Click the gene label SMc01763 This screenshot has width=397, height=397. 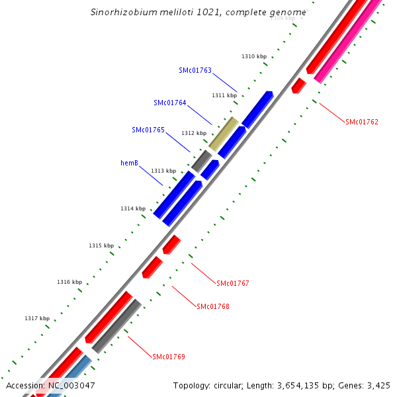(x=195, y=70)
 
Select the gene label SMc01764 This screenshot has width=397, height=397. (x=170, y=103)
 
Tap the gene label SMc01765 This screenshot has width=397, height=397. (x=148, y=130)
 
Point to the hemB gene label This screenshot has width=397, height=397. (x=129, y=163)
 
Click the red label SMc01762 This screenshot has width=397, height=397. (x=362, y=122)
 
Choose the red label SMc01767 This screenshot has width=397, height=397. (x=233, y=283)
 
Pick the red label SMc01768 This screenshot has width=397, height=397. (x=213, y=306)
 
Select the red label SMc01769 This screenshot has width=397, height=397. (x=169, y=357)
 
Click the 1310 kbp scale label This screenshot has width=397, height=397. (x=254, y=57)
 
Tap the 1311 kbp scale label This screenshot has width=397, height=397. (x=224, y=95)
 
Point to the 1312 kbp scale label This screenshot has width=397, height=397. (x=194, y=133)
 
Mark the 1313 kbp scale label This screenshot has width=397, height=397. (x=163, y=171)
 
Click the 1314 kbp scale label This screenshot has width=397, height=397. (x=133, y=208)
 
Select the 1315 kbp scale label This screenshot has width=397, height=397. (x=101, y=245)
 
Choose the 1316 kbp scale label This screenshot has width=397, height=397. (x=69, y=282)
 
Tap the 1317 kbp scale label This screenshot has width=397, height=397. (x=37, y=318)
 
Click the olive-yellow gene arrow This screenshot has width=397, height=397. (x=224, y=133)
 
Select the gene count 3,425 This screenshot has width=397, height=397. (x=378, y=385)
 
